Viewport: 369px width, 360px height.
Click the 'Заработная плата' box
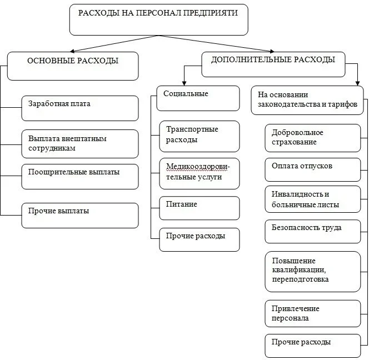point(79,108)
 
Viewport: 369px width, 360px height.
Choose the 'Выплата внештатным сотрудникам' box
point(79,143)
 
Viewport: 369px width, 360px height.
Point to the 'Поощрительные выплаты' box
point(79,176)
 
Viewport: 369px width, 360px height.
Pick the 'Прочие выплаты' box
point(79,215)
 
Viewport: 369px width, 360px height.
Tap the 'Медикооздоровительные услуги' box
point(199,173)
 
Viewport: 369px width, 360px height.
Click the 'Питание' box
point(199,208)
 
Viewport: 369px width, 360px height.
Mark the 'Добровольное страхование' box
point(312,138)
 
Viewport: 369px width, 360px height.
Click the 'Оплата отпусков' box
point(312,169)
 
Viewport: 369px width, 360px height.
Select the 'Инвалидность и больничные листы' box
point(312,199)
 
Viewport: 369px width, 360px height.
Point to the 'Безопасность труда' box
point(312,231)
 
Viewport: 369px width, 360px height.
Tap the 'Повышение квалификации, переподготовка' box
point(312,271)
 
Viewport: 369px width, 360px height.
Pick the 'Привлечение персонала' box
point(312,313)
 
